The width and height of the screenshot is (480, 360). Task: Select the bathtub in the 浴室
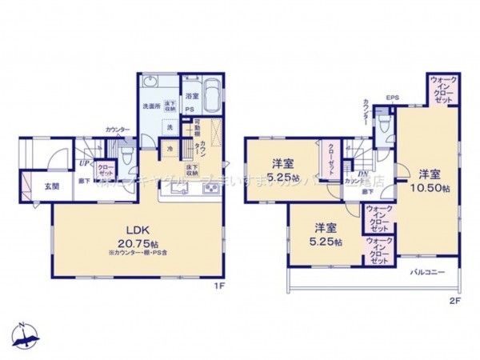point(211,95)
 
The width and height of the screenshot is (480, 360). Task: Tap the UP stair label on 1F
point(83,164)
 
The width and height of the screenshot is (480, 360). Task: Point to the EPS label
point(392,98)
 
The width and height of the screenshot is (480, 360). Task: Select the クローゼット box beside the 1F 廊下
point(105,170)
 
